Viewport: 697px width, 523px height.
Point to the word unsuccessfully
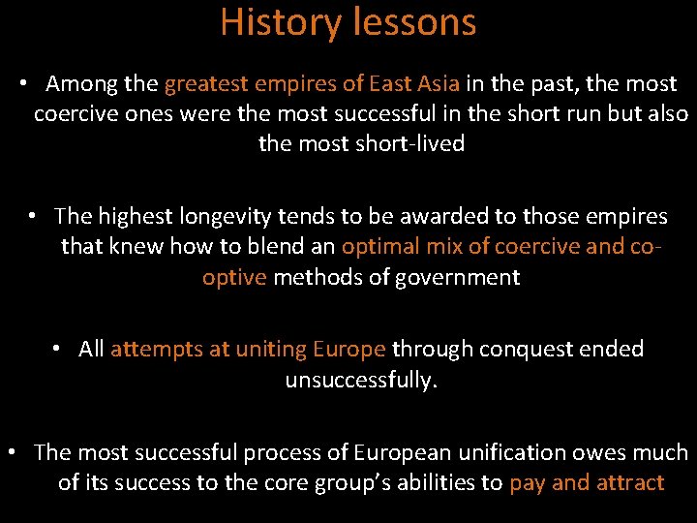coord(361,380)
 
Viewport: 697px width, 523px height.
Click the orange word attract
coord(629,482)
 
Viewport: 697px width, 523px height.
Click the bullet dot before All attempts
coord(58,349)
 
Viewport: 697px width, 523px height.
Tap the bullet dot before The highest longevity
coord(33,216)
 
